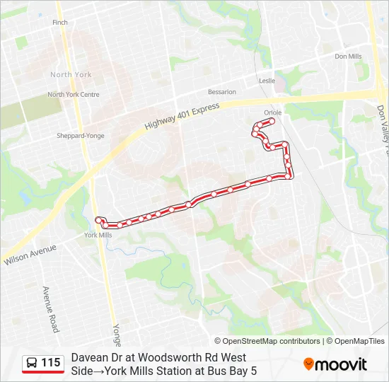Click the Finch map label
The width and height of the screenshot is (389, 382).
click(x=60, y=23)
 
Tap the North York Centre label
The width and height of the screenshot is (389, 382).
click(x=74, y=95)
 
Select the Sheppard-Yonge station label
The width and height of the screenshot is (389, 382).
click(x=81, y=136)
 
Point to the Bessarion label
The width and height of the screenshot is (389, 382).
click(x=222, y=92)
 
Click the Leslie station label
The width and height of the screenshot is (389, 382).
click(x=267, y=81)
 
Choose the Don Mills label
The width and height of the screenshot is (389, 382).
click(x=348, y=57)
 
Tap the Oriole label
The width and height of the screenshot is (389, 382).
click(x=272, y=112)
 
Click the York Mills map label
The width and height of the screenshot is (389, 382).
click(x=98, y=235)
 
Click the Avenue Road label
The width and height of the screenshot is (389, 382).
click(x=51, y=309)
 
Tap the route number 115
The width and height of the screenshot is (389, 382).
click(x=50, y=363)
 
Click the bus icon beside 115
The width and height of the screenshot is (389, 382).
click(x=32, y=364)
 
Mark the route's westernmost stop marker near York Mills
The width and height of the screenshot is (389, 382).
click(x=98, y=220)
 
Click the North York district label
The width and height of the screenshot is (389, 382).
click(x=71, y=74)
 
